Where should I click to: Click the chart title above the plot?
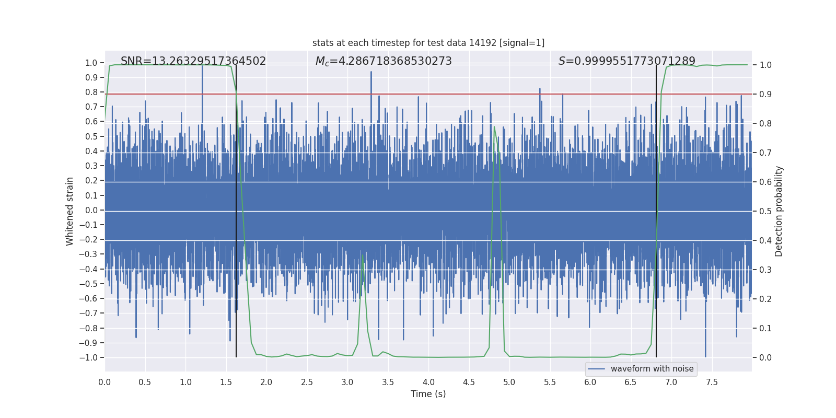[x=428, y=43]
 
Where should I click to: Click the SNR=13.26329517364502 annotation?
[x=193, y=61]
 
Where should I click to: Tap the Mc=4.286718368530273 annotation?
[x=384, y=61]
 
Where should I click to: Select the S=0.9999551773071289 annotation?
[x=626, y=61]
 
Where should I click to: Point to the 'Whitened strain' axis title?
[x=70, y=211]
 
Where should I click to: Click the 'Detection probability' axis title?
[x=779, y=211]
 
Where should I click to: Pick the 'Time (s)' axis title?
[x=428, y=394]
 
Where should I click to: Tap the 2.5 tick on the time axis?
[x=307, y=382]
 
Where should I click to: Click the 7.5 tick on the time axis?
[x=712, y=382]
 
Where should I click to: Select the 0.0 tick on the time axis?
[x=104, y=382]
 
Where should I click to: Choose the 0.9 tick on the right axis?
[x=765, y=94]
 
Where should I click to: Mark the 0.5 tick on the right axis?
[x=765, y=211]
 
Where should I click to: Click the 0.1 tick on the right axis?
[x=765, y=328]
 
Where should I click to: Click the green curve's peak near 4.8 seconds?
[x=494, y=127]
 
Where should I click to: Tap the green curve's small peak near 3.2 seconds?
[x=362, y=256]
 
